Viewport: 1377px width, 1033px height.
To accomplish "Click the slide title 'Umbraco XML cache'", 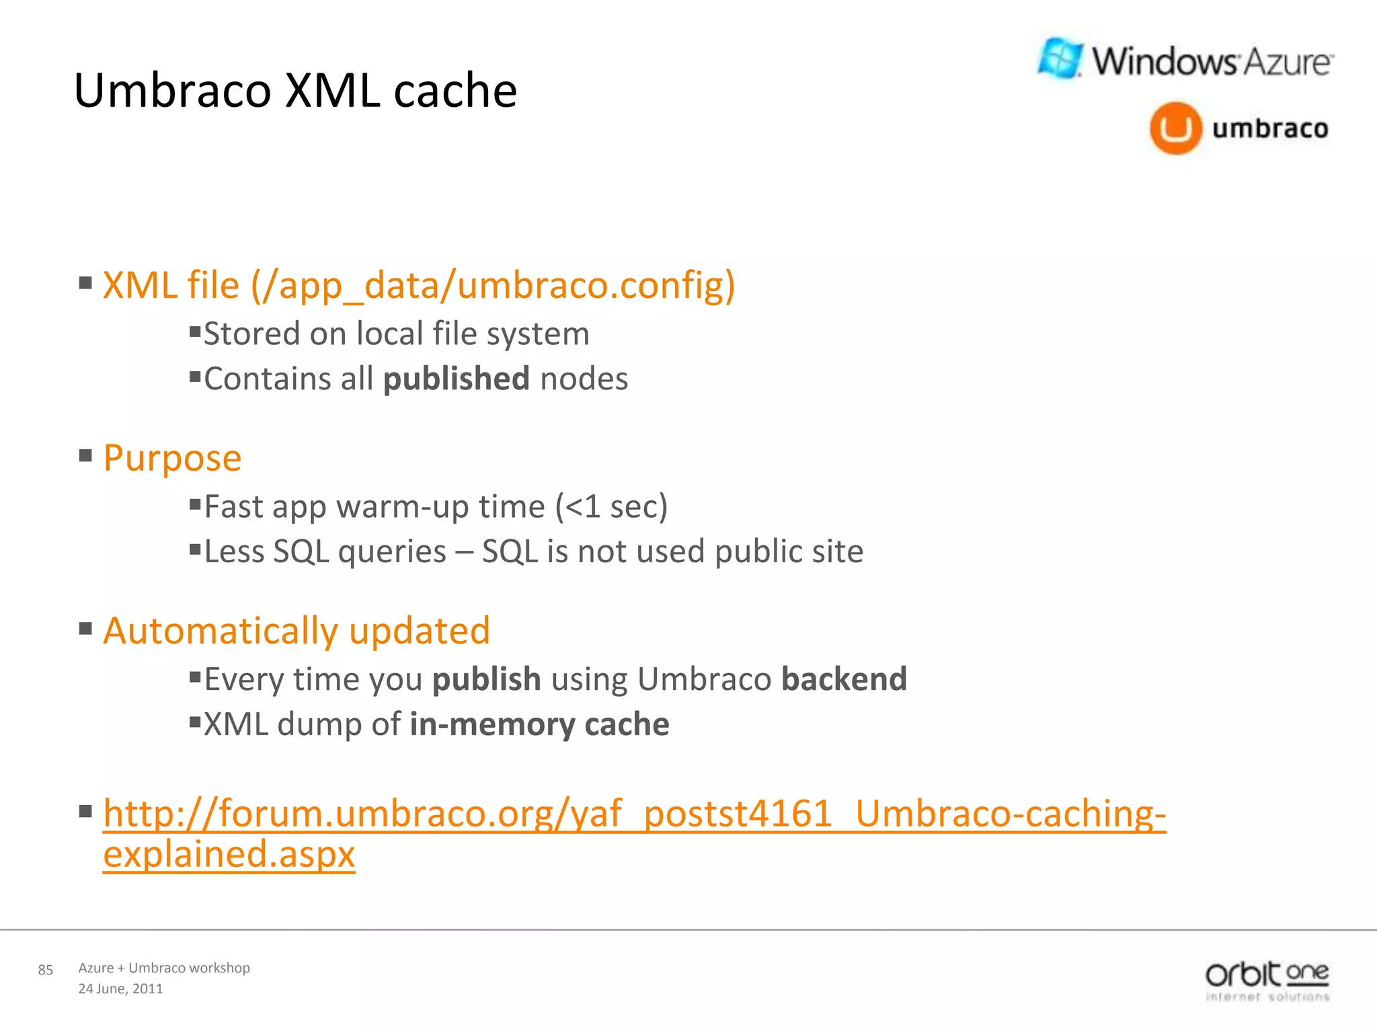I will [295, 90].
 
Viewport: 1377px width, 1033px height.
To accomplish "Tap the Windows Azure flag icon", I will [1060, 59].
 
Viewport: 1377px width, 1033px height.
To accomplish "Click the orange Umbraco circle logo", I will [1175, 128].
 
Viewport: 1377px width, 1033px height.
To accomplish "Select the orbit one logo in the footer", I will [1267, 981].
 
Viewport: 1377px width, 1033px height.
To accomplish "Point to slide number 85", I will [45, 970].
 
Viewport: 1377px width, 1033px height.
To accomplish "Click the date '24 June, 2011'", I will [120, 989].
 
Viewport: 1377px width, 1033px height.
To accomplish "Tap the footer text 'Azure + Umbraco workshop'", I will [164, 968].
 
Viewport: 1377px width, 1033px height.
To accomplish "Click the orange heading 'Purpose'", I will [172, 459].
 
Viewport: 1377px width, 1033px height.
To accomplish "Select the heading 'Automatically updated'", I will [297, 631].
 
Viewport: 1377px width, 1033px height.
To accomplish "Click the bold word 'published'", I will [457, 379].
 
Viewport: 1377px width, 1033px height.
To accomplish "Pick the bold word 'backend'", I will [844, 679].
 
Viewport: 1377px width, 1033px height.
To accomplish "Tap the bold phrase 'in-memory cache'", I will [539, 724].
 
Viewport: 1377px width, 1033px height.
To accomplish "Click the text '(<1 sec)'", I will [611, 506].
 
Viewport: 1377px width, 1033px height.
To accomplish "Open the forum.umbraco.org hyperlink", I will [634, 814].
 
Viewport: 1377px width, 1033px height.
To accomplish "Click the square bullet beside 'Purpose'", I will [85, 456].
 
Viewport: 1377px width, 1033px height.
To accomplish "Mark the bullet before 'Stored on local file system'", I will [195, 331].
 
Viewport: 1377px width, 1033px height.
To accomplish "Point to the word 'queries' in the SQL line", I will [392, 552].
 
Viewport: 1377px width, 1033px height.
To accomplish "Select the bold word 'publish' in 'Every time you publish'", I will [487, 679].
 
